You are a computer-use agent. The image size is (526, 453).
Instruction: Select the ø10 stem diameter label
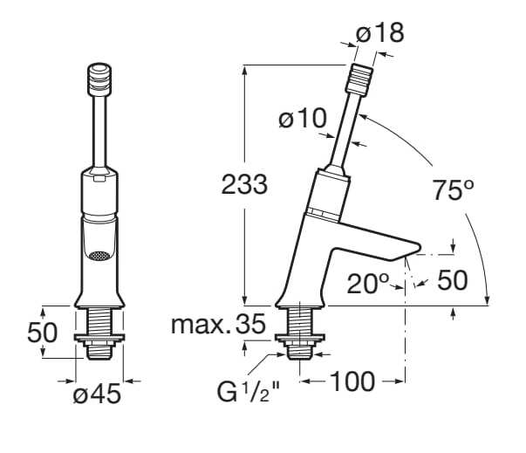tap(301, 118)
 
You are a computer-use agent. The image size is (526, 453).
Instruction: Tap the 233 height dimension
tap(241, 184)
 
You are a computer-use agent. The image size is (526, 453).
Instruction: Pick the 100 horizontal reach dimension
tap(352, 381)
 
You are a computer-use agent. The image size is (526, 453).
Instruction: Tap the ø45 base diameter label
tap(97, 395)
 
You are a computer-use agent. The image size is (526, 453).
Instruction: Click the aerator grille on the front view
tap(99, 257)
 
